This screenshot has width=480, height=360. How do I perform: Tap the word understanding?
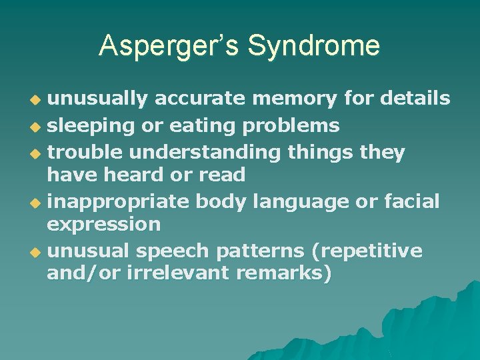[x=205, y=152]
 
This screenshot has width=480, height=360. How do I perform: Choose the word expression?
[x=103, y=225]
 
